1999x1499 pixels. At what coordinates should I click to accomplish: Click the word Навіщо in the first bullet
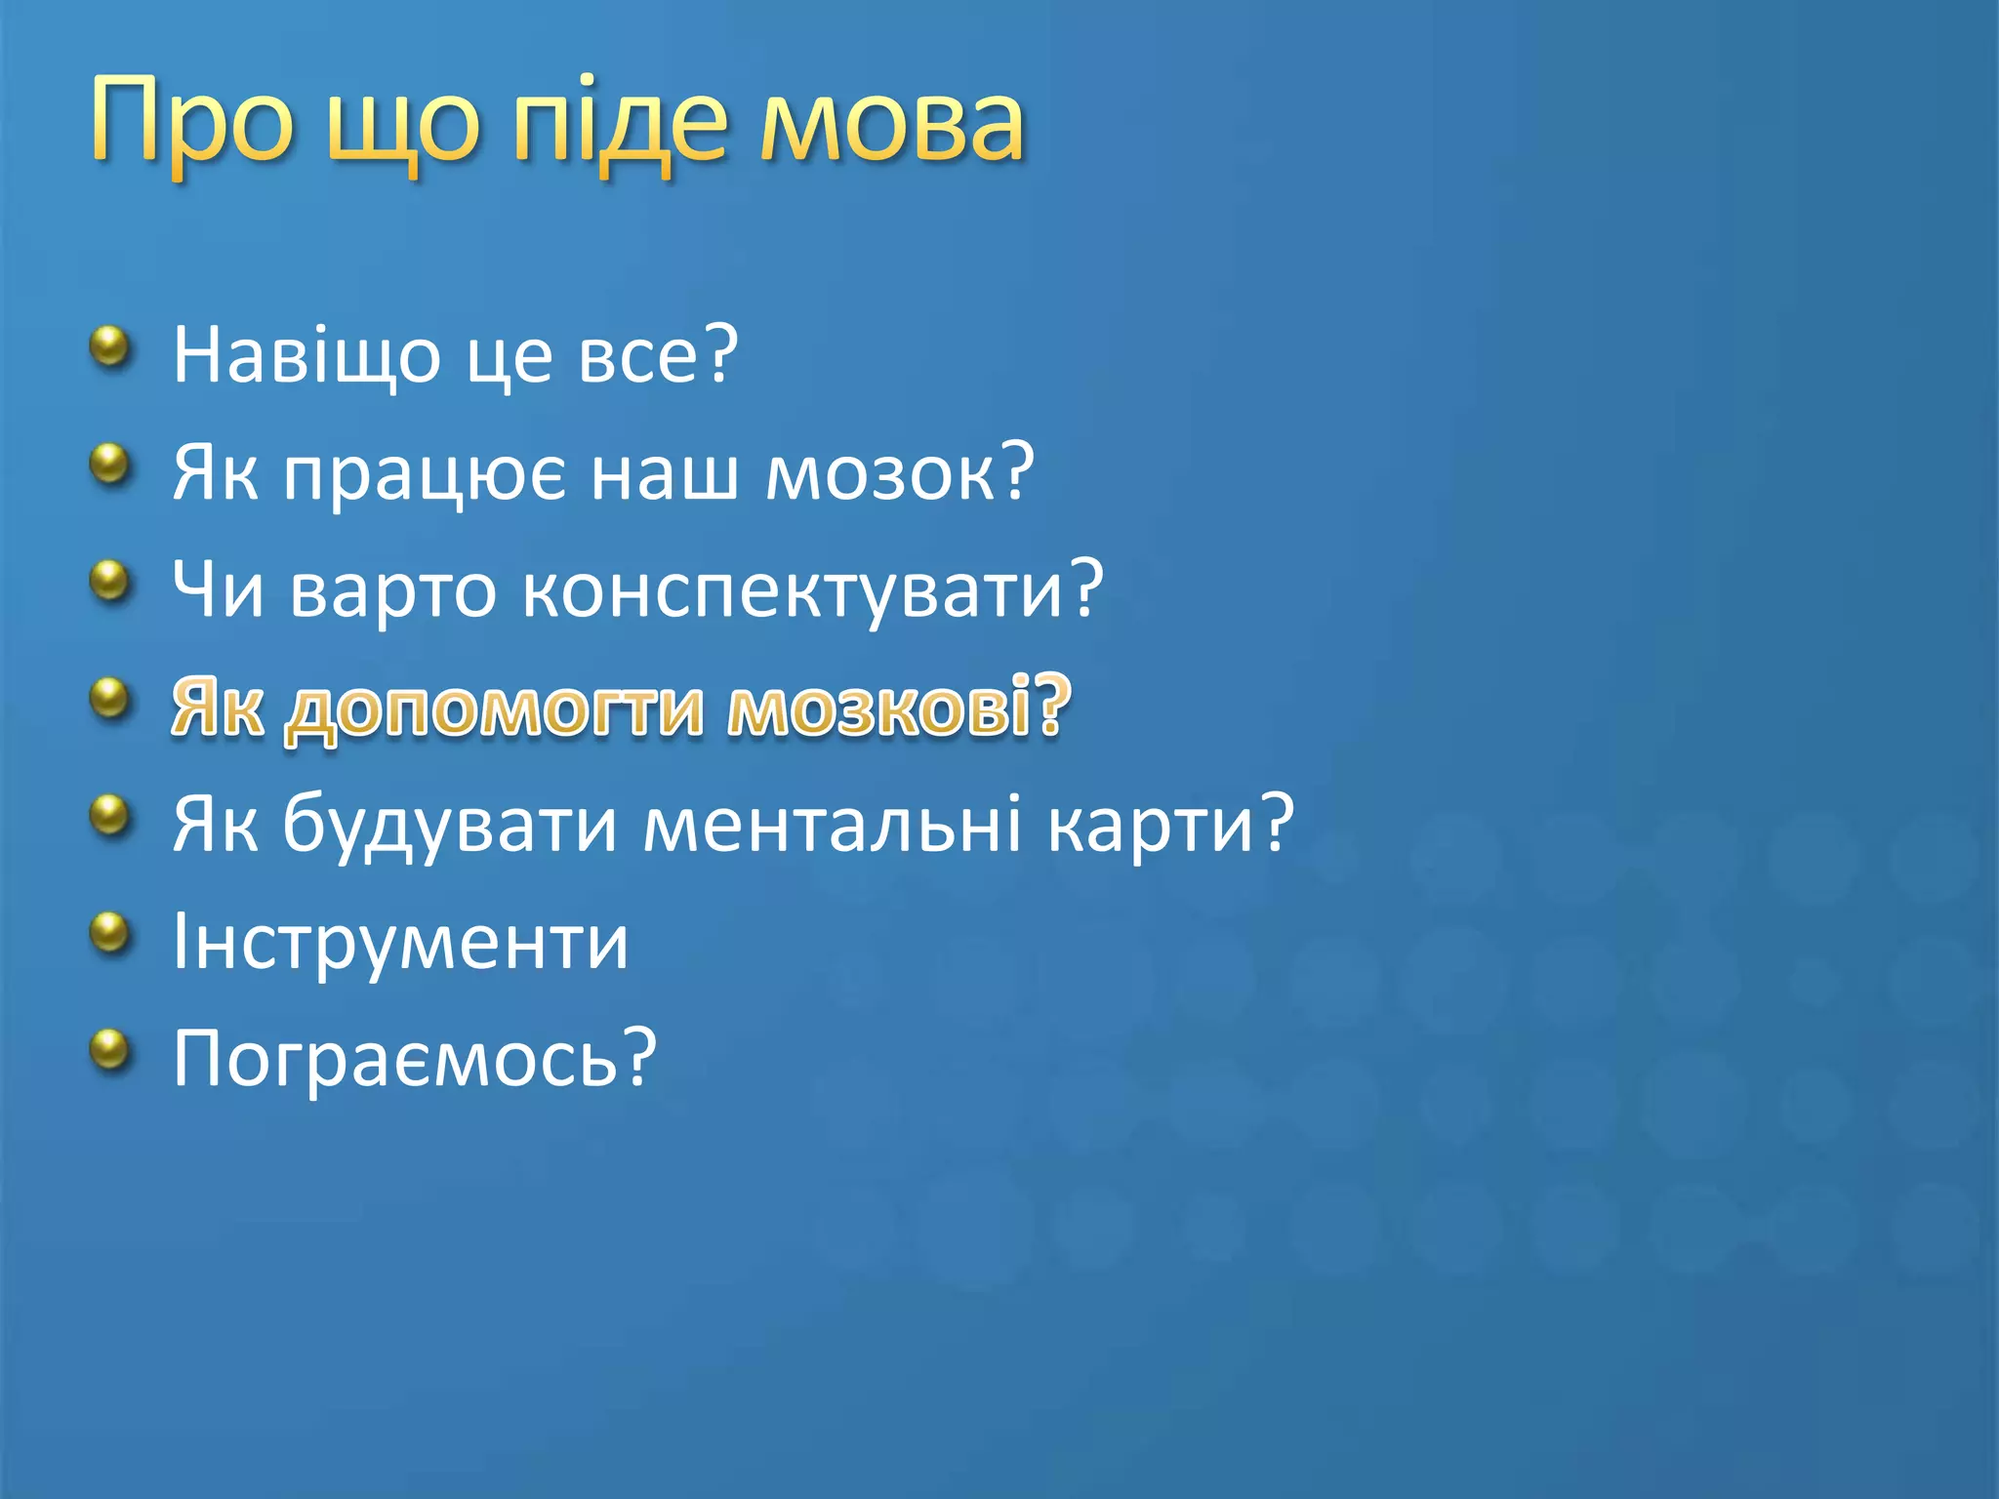[x=306, y=355]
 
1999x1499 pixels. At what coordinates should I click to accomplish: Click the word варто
[x=392, y=590]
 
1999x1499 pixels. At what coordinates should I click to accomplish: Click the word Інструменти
[x=400, y=943]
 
